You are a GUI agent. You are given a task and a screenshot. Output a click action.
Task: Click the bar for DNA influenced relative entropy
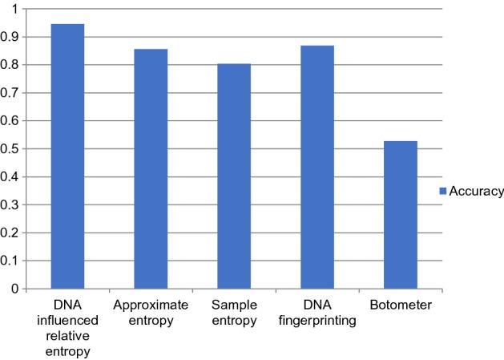click(x=67, y=156)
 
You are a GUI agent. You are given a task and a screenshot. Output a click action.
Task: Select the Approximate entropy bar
click(x=151, y=168)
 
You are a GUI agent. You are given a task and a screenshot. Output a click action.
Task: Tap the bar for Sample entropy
click(x=234, y=176)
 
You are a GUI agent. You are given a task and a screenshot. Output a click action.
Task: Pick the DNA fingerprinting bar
click(x=317, y=167)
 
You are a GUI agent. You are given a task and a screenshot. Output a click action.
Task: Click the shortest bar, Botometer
click(x=401, y=215)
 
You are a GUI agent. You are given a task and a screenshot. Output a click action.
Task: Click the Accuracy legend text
click(x=476, y=191)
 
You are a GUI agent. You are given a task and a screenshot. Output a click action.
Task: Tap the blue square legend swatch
click(x=442, y=191)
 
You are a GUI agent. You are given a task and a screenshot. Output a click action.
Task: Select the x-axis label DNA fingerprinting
click(x=317, y=313)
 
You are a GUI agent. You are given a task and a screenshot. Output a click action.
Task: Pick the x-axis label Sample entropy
click(x=234, y=313)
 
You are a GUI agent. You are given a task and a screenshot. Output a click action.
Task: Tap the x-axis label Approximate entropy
click(x=151, y=313)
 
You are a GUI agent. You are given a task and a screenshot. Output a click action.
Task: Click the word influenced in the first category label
click(x=67, y=321)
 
